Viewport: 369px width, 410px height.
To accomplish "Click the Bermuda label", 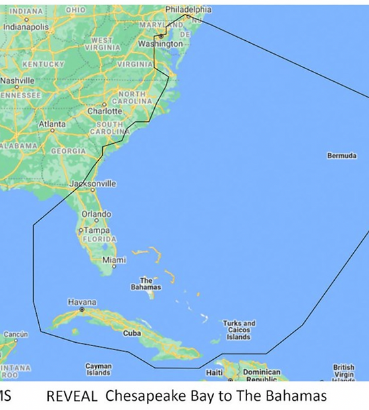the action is click(x=342, y=156).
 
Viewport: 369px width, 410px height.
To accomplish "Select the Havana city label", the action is click(x=82, y=302).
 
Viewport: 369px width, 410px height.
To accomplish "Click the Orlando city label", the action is click(x=96, y=214).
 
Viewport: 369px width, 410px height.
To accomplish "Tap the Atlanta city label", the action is click(x=52, y=124).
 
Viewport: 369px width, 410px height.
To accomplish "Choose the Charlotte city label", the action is click(x=105, y=111).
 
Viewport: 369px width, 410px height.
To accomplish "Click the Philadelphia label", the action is click(x=188, y=9).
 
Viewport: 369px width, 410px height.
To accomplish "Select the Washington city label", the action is click(x=160, y=44).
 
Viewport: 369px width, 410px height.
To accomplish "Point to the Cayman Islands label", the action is click(x=98, y=369).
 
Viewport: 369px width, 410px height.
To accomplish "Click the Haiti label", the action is click(x=214, y=372).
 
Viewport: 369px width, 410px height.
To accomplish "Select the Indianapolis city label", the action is click(x=26, y=27).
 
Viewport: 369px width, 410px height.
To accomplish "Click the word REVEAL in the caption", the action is click(x=72, y=396).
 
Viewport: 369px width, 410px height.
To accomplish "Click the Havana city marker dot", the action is click(x=82, y=308).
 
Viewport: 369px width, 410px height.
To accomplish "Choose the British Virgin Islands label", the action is click(x=343, y=371).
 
